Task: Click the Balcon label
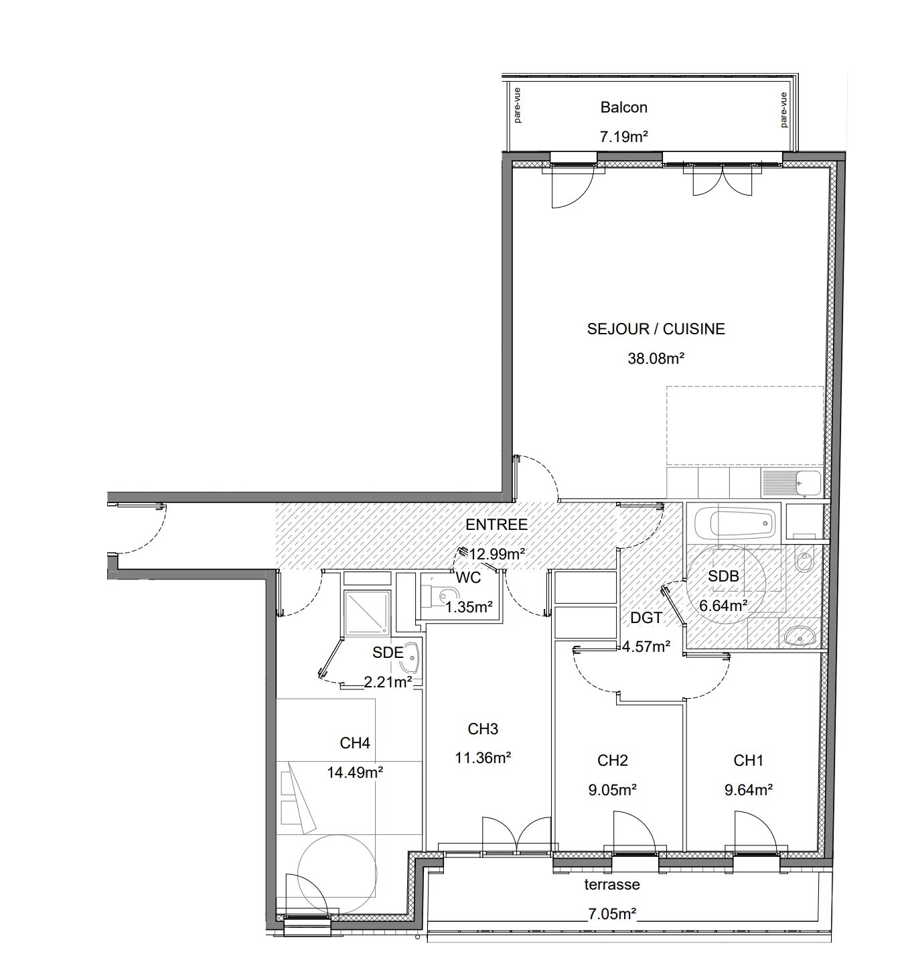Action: coord(623,107)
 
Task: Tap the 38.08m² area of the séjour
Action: coord(656,358)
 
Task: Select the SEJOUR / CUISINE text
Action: coord(656,329)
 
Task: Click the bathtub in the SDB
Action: coord(736,523)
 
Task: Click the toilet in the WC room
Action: coord(442,594)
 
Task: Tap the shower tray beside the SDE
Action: coord(367,612)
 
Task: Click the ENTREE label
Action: coord(496,525)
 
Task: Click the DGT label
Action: coord(646,618)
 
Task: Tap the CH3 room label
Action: coord(483,729)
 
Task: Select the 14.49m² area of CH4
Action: coord(355,772)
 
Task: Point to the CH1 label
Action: coord(748,760)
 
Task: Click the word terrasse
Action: coord(612,884)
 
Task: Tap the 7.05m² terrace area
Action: coord(612,914)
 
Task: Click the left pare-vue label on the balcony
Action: coord(517,105)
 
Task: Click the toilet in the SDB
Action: coord(805,562)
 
